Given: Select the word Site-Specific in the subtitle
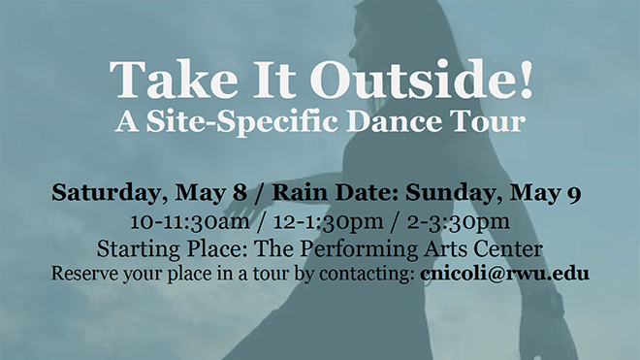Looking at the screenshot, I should (251, 122).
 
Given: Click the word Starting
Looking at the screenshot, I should (142, 248).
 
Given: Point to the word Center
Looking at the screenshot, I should (503, 247).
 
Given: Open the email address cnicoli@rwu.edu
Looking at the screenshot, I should (505, 274).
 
